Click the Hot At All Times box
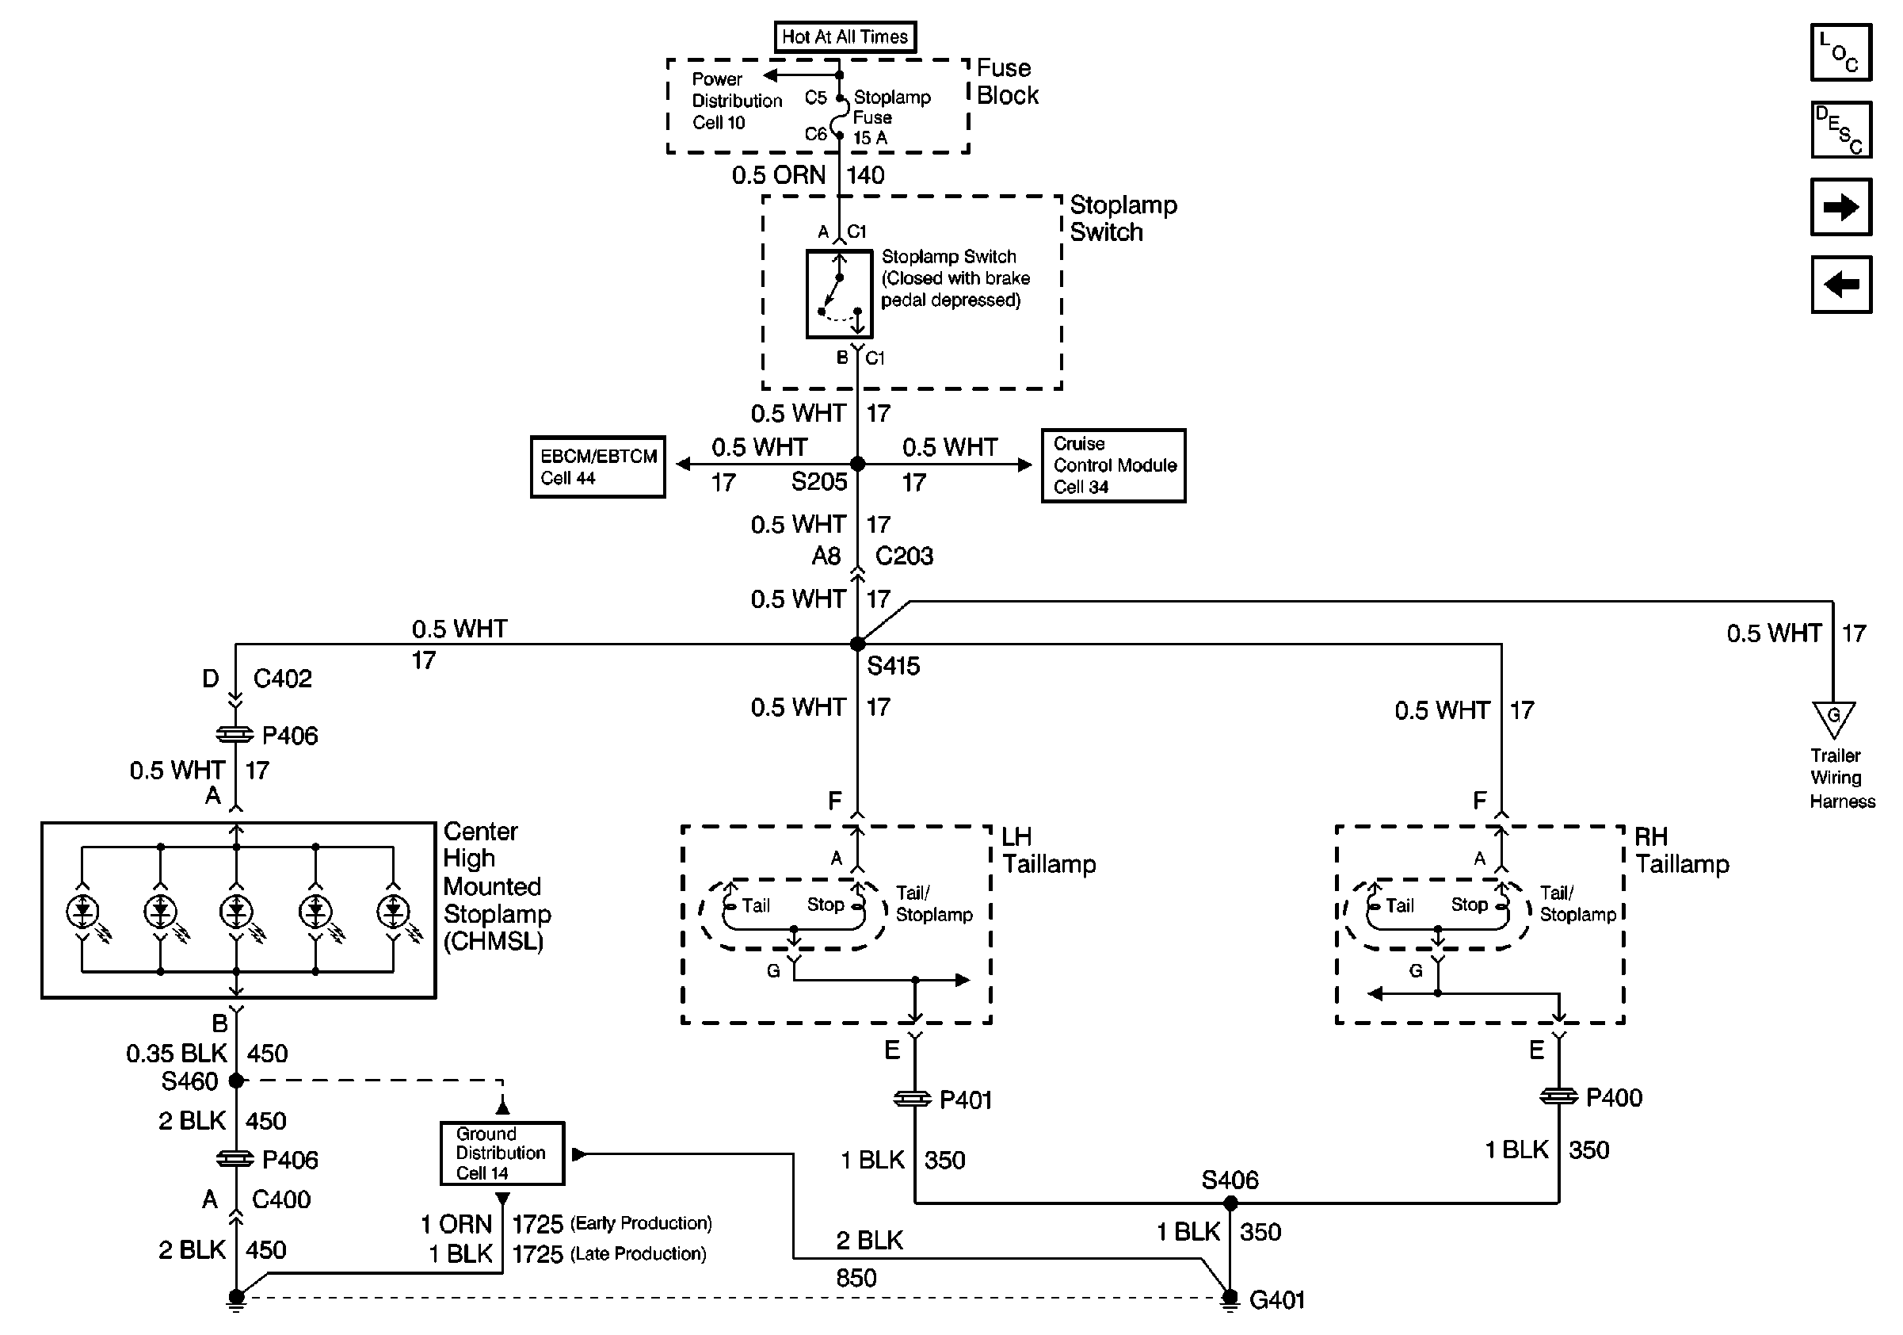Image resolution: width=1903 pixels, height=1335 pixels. (x=845, y=36)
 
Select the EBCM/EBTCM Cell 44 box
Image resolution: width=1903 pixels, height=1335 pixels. (x=597, y=467)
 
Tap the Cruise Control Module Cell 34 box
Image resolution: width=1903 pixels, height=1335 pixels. (x=1113, y=465)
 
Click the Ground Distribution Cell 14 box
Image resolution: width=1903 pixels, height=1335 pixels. (x=502, y=1153)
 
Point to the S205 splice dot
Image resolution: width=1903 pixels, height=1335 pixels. (x=858, y=465)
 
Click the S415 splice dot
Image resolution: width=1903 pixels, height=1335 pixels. (x=858, y=644)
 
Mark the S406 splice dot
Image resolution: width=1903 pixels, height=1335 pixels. (x=1230, y=1203)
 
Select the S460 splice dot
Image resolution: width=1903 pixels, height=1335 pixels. (x=236, y=1081)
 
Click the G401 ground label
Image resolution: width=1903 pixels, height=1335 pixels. (x=1276, y=1300)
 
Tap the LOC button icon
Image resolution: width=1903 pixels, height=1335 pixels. (x=1841, y=52)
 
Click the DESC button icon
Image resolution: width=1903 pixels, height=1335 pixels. (x=1841, y=129)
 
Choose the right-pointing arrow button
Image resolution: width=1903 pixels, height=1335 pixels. (x=1841, y=206)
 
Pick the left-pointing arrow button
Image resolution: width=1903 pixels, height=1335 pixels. (x=1841, y=285)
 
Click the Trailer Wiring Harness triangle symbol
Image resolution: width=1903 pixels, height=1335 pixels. (x=1833, y=718)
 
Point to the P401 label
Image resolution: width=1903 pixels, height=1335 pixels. (x=966, y=1100)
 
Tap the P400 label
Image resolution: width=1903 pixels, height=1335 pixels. (x=1614, y=1098)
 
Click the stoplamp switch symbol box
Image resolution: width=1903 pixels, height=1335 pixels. (x=839, y=293)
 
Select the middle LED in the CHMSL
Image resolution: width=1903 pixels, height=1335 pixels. (x=236, y=912)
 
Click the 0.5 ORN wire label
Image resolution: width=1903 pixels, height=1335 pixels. (x=778, y=175)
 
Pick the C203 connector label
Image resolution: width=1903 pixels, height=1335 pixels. (x=904, y=556)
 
